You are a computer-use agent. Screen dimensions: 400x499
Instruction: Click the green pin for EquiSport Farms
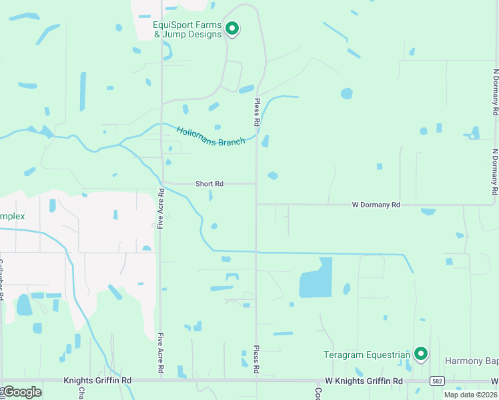(232, 29)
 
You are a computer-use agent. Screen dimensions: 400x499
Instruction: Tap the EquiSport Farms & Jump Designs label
(187, 30)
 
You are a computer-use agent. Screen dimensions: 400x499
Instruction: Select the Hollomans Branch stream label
(211, 136)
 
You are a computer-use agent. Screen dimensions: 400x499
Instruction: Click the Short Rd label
(209, 183)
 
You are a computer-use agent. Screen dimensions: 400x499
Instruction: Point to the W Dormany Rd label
(376, 205)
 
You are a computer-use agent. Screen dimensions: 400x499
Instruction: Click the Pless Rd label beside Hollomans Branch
(256, 113)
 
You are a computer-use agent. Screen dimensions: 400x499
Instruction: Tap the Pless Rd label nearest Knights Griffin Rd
(256, 358)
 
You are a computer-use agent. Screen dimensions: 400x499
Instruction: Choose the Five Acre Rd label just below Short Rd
(161, 209)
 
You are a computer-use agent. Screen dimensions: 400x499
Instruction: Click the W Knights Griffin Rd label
(364, 381)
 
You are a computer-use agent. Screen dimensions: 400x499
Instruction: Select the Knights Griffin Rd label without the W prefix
(97, 381)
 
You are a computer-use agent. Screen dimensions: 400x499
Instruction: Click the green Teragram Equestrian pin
(420, 353)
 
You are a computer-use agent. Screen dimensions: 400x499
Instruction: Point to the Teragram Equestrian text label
(366, 355)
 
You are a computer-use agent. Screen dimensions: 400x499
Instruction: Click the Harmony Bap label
(471, 361)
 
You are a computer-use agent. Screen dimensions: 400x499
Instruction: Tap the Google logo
(21, 392)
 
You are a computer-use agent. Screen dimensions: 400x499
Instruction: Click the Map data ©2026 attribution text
(470, 395)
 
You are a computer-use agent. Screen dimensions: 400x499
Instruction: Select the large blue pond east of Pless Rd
(316, 277)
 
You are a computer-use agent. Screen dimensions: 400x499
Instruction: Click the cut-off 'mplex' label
(12, 217)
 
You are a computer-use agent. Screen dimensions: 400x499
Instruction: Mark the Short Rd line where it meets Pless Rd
(256, 183)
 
